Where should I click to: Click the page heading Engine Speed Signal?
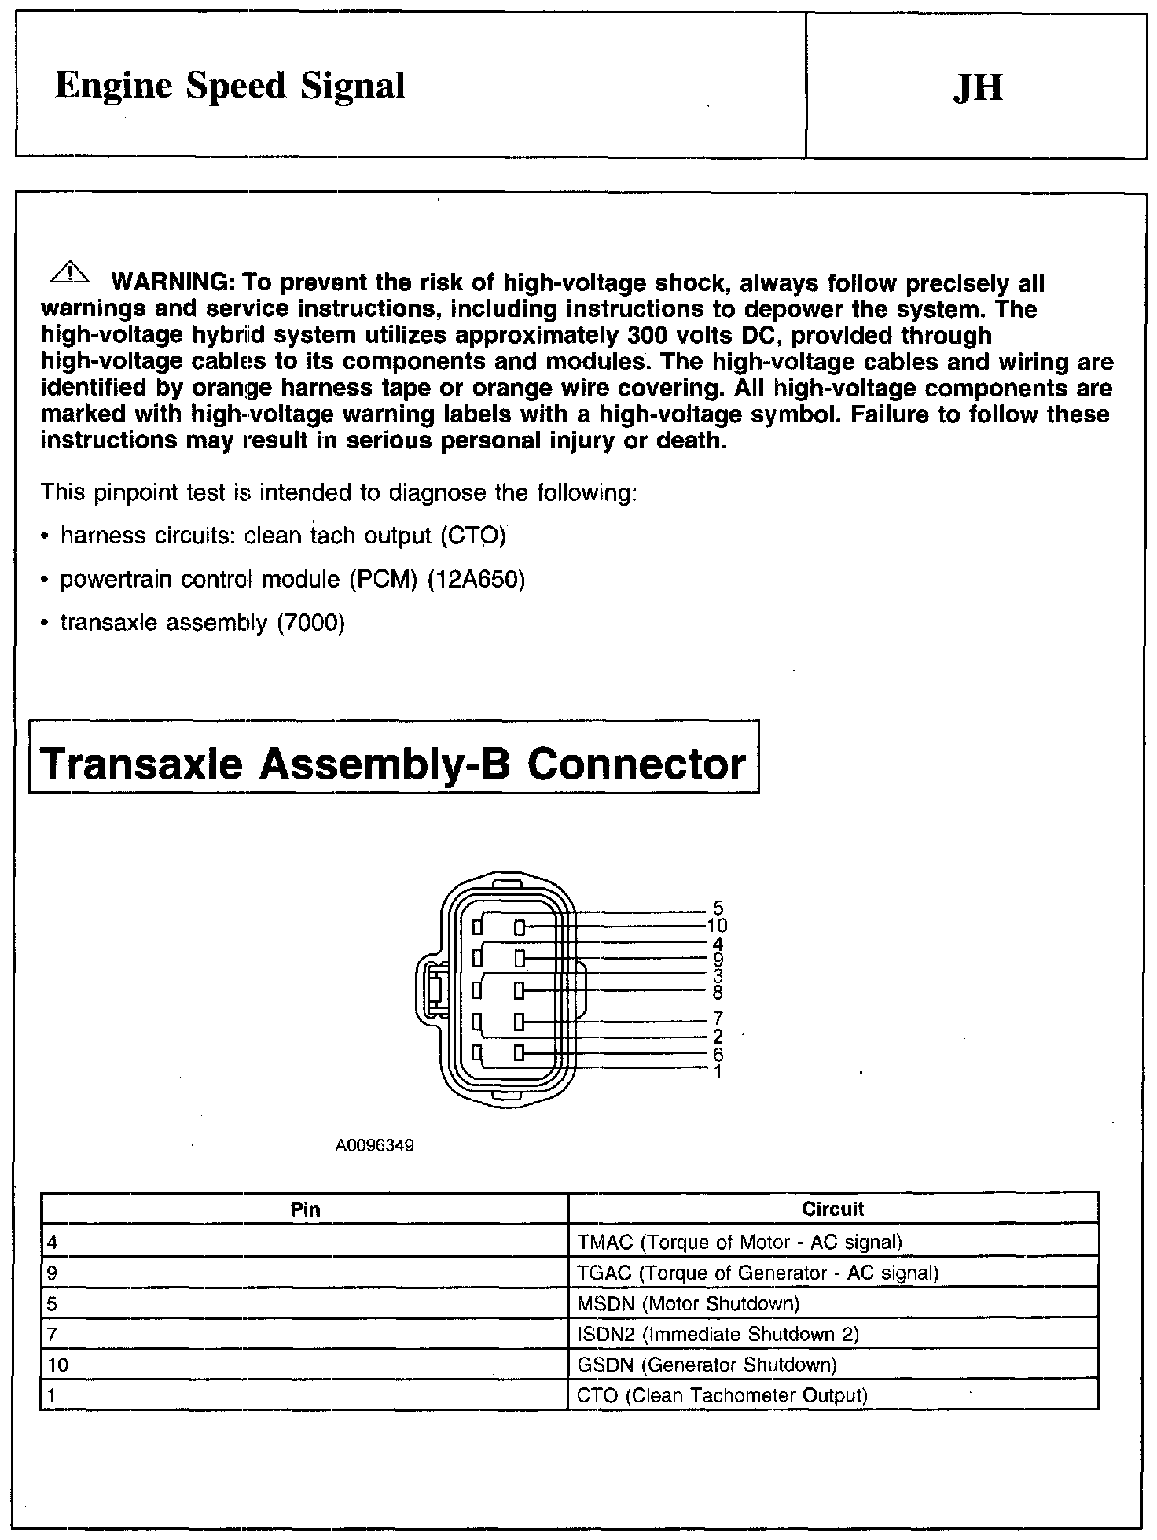point(230,86)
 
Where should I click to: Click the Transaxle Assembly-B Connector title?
point(393,764)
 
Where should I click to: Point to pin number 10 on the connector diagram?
point(717,926)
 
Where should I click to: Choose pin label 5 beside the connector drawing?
point(718,909)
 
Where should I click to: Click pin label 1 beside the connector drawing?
point(718,1071)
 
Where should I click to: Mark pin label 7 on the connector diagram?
point(718,1020)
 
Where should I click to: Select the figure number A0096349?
point(374,1146)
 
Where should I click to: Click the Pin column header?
point(305,1210)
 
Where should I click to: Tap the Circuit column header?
point(833,1210)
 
